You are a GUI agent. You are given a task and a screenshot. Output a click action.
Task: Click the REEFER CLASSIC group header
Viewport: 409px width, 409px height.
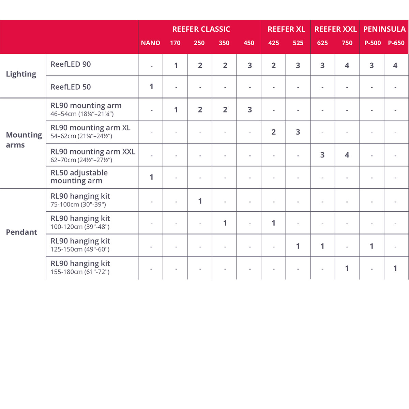(201, 29)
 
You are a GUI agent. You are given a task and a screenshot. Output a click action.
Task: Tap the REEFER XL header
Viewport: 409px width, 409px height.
(286, 29)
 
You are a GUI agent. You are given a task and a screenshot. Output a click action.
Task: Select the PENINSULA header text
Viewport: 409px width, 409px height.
(384, 29)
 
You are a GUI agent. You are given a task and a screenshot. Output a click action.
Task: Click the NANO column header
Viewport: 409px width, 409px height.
(150, 43)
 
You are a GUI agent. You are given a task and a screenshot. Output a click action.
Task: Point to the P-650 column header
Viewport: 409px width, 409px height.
(396, 43)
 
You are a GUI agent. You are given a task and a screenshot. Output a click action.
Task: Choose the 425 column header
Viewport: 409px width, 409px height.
(273, 43)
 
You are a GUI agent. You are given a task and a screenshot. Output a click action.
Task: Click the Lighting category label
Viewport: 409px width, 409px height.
(21, 74)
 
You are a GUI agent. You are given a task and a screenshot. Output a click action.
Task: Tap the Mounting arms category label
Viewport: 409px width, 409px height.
(24, 140)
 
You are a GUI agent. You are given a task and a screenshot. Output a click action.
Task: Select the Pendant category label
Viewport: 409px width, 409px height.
(21, 232)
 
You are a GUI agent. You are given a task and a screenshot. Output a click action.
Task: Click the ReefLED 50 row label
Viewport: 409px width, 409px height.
(71, 87)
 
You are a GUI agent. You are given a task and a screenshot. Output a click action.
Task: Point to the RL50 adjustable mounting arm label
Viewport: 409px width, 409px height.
(79, 177)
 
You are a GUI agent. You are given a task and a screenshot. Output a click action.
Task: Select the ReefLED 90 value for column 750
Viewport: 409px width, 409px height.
(347, 65)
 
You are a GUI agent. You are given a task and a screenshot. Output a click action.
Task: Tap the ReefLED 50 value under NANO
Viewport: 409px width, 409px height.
(151, 87)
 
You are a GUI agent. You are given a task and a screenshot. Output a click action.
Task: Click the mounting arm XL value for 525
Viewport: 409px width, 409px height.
(298, 132)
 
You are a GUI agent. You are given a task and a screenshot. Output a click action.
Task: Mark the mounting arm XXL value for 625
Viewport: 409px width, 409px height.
(322, 155)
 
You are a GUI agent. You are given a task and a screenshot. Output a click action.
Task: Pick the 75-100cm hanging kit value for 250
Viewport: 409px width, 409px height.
(200, 201)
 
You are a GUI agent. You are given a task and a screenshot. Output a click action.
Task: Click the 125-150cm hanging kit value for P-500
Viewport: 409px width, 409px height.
(372, 246)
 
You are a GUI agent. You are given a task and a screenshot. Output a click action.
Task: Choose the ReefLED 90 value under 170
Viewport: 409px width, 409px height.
(176, 65)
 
